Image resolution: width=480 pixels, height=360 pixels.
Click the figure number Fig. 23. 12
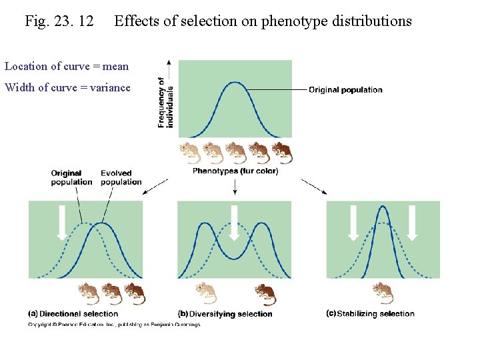(x=59, y=21)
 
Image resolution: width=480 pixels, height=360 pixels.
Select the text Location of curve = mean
(x=67, y=66)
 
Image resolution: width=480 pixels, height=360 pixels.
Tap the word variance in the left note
(x=109, y=87)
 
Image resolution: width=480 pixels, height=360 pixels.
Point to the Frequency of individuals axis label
(x=165, y=102)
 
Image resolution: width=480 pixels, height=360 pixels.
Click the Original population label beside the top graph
(x=345, y=90)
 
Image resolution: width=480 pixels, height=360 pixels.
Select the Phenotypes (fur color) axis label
(x=235, y=171)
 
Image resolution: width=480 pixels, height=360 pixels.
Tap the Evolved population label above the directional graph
(x=121, y=178)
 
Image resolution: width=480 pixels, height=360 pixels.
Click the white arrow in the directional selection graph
(x=61, y=223)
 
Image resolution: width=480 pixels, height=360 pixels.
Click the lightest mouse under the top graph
(x=191, y=153)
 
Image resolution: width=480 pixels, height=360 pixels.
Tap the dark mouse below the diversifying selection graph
(x=265, y=293)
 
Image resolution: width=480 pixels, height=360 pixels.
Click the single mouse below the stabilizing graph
(x=383, y=292)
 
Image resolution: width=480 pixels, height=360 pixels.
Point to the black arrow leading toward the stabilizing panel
(x=314, y=186)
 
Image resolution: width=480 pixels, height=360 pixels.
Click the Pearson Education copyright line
(x=113, y=325)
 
